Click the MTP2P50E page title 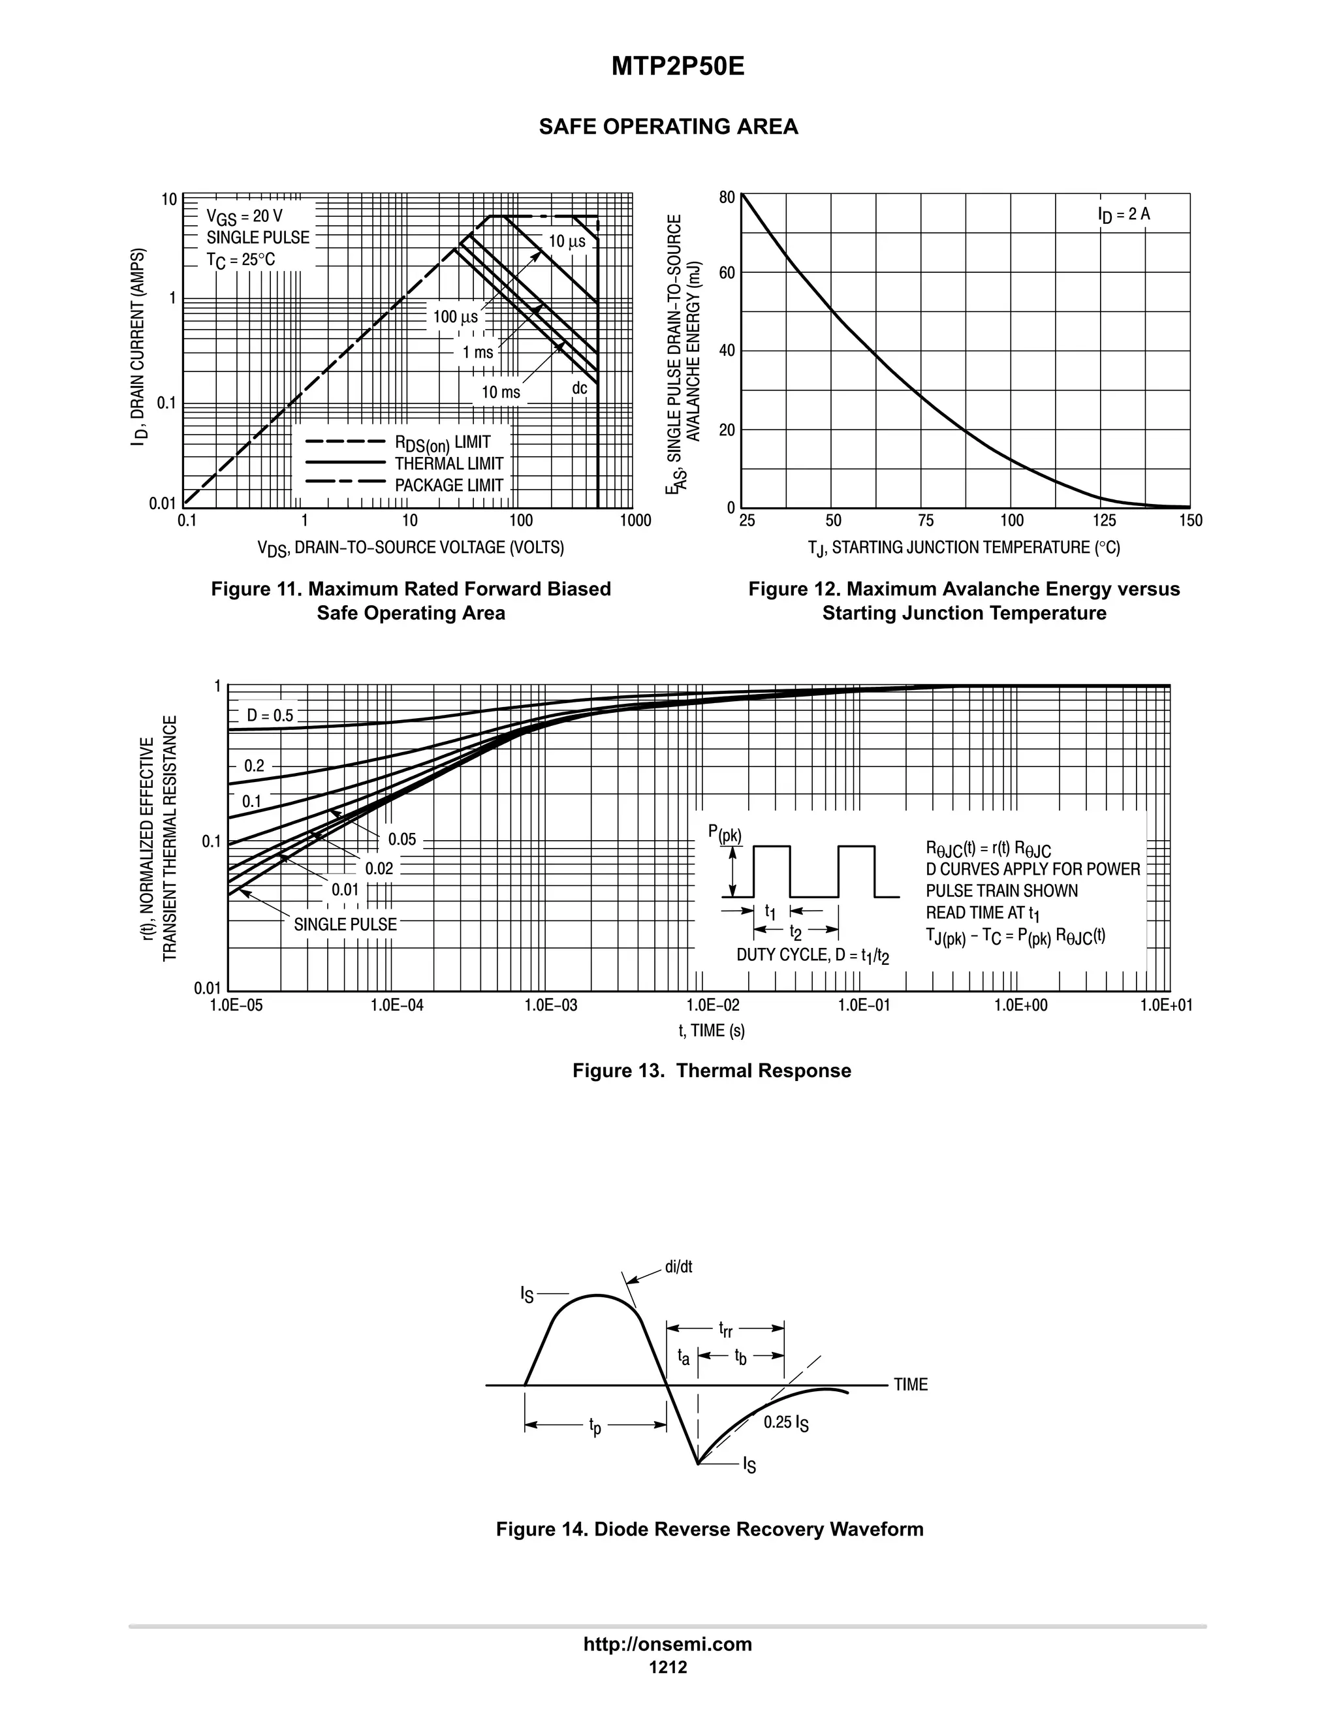(677, 67)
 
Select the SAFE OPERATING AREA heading (668, 127)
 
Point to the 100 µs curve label (456, 317)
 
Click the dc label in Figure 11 (579, 388)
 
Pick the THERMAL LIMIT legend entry (448, 464)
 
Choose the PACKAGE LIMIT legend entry (448, 485)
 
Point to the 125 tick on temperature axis (1104, 520)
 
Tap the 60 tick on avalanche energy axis (727, 274)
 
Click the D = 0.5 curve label (270, 716)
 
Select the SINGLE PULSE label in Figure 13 (345, 924)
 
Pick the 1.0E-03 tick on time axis (550, 1005)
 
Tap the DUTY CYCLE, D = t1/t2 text (812, 955)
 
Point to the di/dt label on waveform (678, 1266)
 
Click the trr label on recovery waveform (725, 1328)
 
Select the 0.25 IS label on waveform (786, 1423)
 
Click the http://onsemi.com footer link (667, 1644)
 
